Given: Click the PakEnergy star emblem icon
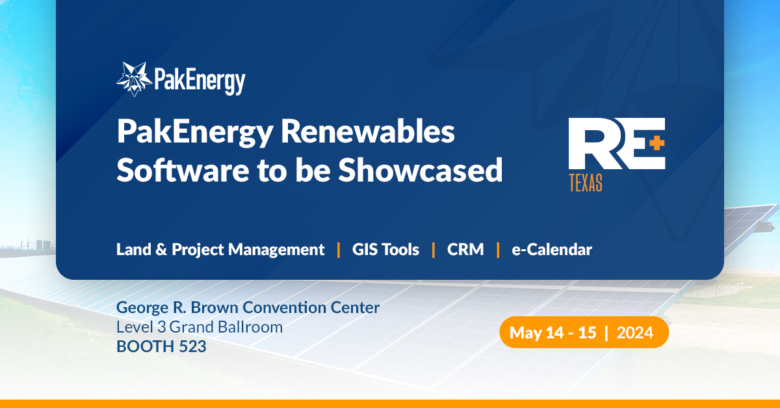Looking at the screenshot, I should pos(135,79).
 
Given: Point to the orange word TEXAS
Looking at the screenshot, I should pos(585,184).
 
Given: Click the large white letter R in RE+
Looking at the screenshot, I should pos(588,144).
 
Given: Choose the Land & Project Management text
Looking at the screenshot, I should pos(220,249).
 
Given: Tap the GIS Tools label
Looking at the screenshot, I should pos(385,249).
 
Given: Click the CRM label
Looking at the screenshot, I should pos(465,249).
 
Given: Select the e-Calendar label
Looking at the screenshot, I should pos(551,249).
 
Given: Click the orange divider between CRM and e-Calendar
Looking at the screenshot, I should pos(498,249).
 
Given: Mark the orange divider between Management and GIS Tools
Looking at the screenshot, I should pos(339,249).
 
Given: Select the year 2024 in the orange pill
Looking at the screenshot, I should pos(634,333).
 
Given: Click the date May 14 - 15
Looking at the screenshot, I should pos(552,333).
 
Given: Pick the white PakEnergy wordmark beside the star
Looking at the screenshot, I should pos(200,81).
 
